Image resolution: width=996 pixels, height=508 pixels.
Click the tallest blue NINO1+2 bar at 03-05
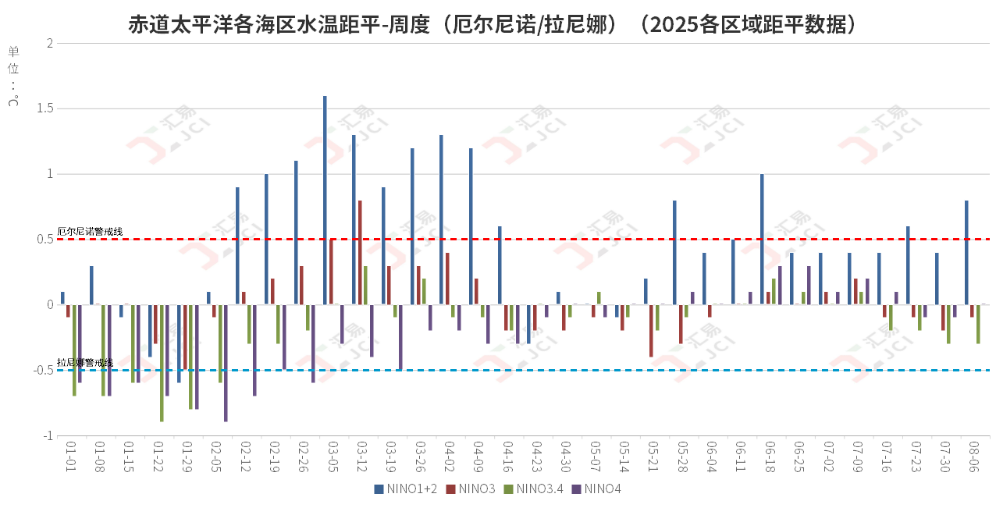pos(325,201)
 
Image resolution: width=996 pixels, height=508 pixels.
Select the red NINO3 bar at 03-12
pos(360,253)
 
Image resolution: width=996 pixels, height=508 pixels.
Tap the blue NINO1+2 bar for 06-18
pos(762,240)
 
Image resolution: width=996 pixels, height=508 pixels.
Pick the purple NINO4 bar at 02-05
pos(226,363)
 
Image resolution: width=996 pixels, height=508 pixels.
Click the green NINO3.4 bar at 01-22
pos(162,363)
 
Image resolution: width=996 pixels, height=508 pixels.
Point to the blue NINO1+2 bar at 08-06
pos(966,253)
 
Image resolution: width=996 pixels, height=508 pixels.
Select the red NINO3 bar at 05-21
pos(651,331)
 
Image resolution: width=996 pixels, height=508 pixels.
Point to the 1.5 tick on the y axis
pos(44,108)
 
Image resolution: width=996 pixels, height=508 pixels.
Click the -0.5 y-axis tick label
pos(42,371)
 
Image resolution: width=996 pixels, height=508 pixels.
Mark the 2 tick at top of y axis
pos(49,43)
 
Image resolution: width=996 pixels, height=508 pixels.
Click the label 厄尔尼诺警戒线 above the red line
pos(90,232)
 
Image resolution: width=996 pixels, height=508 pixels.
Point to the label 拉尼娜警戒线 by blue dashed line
pos(85,363)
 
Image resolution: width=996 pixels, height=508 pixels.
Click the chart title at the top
pos(496,24)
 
